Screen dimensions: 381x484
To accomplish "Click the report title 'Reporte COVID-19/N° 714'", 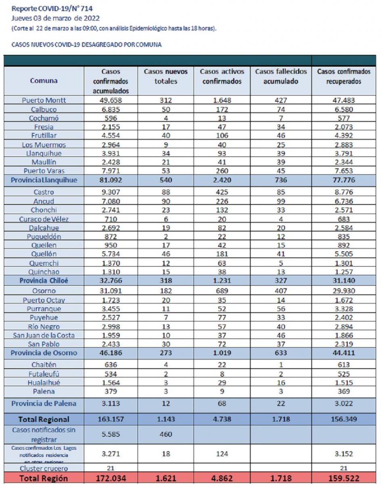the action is click(x=52, y=8).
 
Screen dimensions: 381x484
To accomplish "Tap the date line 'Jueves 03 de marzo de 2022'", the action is click(x=55, y=18).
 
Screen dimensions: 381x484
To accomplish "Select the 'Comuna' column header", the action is click(x=44, y=81).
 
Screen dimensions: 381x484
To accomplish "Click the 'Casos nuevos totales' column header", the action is click(x=165, y=76).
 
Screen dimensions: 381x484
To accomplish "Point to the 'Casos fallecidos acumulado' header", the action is click(x=281, y=76).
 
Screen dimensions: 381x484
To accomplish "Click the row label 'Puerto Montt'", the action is click(x=44, y=100).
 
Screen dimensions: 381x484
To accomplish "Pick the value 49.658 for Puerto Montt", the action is click(x=111, y=100).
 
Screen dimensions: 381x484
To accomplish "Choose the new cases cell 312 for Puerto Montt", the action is click(x=165, y=100).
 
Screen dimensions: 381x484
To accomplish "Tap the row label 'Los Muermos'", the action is click(x=44, y=145).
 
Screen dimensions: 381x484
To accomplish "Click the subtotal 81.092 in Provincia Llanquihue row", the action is click(x=111, y=180).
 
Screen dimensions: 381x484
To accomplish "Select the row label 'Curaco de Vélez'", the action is click(x=44, y=219).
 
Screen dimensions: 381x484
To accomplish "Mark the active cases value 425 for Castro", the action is click(x=222, y=192).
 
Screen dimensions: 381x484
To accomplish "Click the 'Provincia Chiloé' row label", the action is click(x=44, y=280).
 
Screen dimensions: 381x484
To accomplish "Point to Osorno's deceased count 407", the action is click(x=281, y=291).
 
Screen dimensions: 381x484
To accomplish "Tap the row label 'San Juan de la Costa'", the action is click(x=44, y=335).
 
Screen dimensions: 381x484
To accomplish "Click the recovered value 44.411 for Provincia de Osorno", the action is click(x=343, y=353).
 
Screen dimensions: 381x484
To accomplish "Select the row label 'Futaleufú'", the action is click(x=44, y=374).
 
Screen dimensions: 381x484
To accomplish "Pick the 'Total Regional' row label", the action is click(x=44, y=419).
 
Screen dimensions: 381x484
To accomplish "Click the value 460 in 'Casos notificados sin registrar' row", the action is click(x=165, y=434).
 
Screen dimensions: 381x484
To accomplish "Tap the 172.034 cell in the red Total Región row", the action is click(x=111, y=478).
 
